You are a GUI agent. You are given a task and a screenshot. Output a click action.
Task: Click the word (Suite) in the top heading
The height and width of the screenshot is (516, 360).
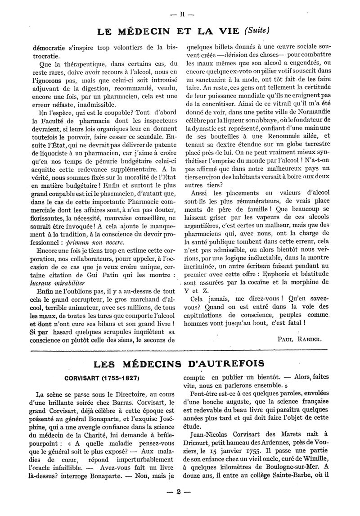point(256,31)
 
